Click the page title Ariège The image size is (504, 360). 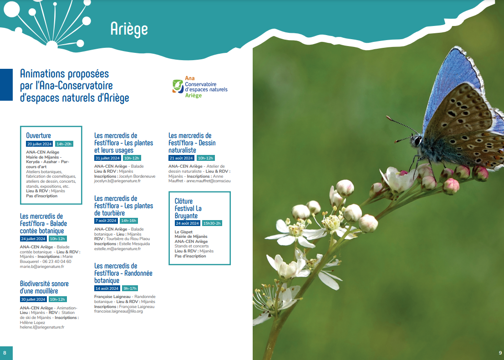(129, 29)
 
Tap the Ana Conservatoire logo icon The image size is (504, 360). (178, 86)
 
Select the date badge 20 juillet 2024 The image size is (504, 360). (40, 144)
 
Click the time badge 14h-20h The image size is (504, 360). (64, 144)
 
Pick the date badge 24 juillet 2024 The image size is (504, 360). (33, 239)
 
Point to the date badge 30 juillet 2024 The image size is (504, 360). (33, 299)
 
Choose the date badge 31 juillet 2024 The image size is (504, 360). (108, 158)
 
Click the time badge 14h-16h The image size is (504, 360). (128, 221)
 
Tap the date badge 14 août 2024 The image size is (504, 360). (107, 288)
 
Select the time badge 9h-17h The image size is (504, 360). (130, 288)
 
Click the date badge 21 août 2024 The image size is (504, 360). (182, 158)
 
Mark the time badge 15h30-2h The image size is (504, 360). (212, 223)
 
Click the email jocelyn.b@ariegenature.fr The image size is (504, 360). (117, 181)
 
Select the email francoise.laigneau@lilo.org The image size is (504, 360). (118, 311)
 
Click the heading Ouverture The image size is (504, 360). (38, 135)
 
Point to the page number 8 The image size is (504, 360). (5, 353)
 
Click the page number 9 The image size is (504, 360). (500, 353)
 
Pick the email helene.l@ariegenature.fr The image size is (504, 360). (42, 327)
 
